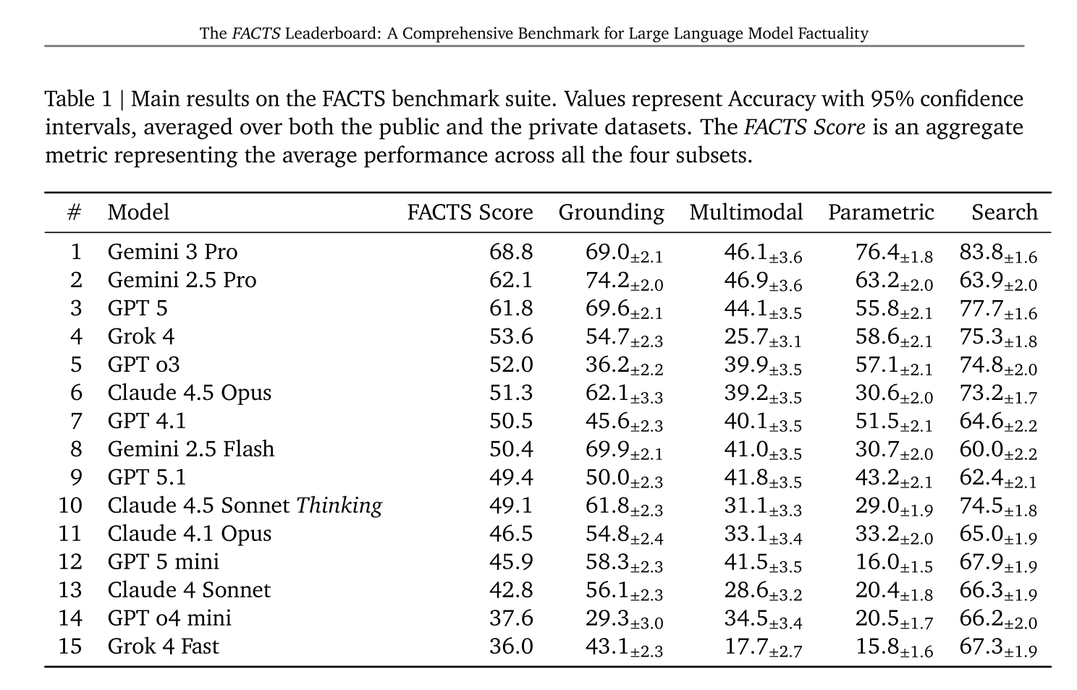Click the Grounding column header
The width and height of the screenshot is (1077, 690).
click(611, 213)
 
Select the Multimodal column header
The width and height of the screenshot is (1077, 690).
click(746, 213)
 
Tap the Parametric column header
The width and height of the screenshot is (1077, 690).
click(881, 213)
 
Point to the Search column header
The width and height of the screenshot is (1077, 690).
click(1004, 213)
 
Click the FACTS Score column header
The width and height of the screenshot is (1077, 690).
click(470, 213)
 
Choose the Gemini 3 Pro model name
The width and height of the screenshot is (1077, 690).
click(172, 252)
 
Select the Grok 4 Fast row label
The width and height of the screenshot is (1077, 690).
click(163, 646)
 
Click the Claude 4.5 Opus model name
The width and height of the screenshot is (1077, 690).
click(189, 393)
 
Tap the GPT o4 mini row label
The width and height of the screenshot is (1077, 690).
click(169, 618)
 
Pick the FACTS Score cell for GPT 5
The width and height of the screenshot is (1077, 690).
click(511, 308)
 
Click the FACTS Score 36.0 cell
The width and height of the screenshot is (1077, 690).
click(511, 646)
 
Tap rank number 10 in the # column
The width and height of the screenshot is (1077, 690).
click(70, 506)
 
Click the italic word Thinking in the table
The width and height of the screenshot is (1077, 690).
click(339, 506)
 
